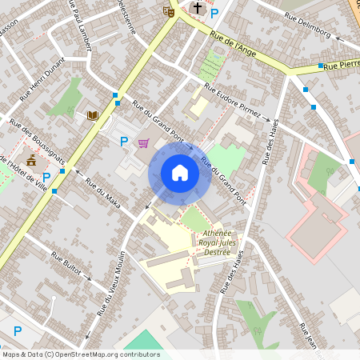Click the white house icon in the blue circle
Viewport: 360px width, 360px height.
pyautogui.click(x=179, y=173)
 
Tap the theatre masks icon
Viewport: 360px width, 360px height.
pyautogui.click(x=168, y=11)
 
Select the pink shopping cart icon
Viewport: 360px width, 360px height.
pyautogui.click(x=143, y=143)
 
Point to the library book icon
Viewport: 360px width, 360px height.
pyautogui.click(x=93, y=116)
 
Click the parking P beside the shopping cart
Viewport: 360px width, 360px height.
pyautogui.click(x=124, y=142)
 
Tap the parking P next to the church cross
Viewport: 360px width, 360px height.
pyautogui.click(x=214, y=12)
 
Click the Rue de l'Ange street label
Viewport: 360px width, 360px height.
pyautogui.click(x=234, y=41)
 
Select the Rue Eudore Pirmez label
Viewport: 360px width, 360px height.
pyautogui.click(x=232, y=101)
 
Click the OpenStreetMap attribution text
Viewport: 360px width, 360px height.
pyautogui.click(x=81, y=354)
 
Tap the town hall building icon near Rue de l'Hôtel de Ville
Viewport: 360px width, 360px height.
pyautogui.click(x=30, y=160)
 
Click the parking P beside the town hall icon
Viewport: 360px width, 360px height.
pyautogui.click(x=46, y=177)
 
